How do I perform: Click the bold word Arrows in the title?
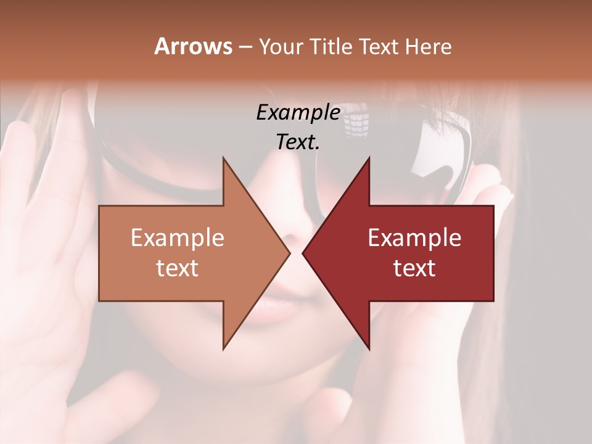coord(193,46)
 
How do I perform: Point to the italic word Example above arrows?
coord(298,113)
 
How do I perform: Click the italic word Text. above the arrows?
coord(298,142)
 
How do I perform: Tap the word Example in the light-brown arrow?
coord(178,238)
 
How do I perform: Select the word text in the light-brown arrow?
coord(178,268)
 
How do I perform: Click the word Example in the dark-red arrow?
coord(414,238)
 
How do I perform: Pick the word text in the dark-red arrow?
coord(414,268)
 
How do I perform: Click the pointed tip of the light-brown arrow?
coord(290,252)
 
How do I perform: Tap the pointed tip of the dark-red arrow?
coord(303,252)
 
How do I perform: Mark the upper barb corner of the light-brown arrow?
coord(223,158)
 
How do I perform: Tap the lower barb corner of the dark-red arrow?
coord(369,348)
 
